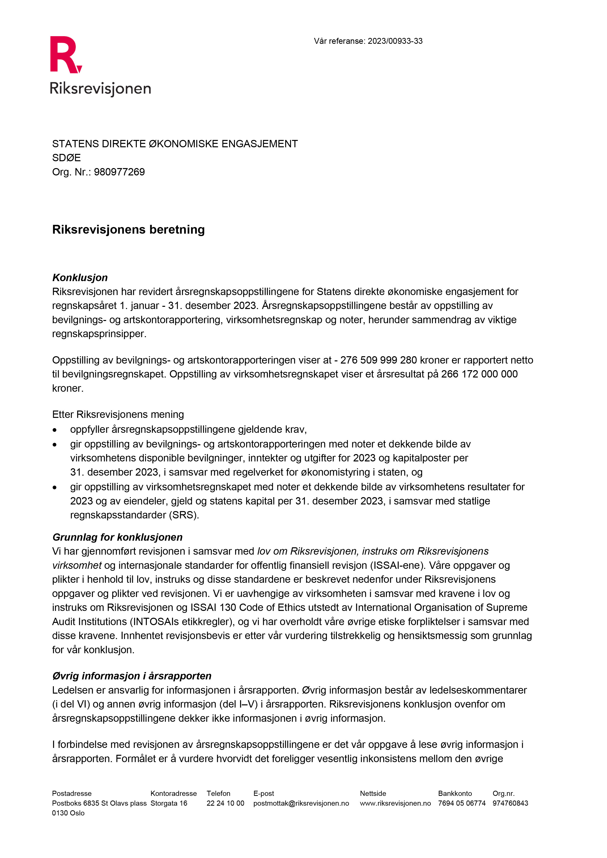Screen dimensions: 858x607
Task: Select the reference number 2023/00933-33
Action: (395, 41)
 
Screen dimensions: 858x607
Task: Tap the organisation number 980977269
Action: (119, 172)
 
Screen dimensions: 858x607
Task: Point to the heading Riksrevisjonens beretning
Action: (128, 229)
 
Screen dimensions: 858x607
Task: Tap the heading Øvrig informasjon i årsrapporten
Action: (132, 676)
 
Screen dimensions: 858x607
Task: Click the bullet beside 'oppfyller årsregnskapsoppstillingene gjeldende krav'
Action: (55, 430)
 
